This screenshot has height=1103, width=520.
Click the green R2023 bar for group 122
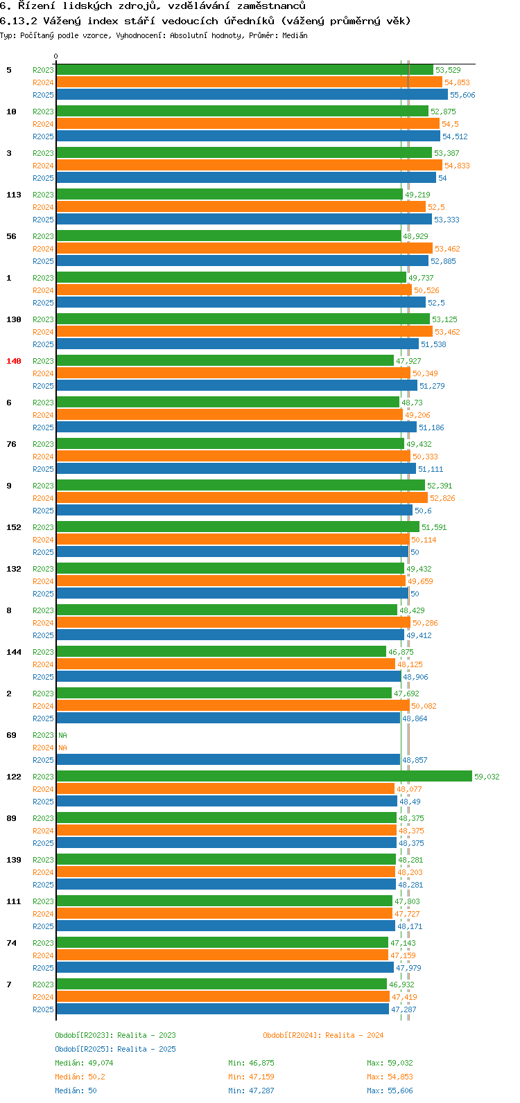263,776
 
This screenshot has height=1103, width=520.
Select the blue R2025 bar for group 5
252,95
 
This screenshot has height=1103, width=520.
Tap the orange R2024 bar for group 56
244,249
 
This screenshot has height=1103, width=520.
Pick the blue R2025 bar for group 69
228,760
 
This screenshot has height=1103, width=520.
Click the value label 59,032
487,777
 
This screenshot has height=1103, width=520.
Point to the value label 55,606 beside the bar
462,95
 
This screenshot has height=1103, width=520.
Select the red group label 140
14,361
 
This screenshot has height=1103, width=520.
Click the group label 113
14,195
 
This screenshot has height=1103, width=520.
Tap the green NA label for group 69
62,735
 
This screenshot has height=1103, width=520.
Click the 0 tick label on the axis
56,57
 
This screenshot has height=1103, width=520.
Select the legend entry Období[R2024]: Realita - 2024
323,1035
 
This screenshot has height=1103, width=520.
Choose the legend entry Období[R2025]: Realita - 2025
115,1049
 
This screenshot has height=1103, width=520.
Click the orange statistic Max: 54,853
390,1077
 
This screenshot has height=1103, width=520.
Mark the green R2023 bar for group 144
220,651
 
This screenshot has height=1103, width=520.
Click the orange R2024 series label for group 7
43,997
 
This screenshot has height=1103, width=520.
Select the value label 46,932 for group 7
401,985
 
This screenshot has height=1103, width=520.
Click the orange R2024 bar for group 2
232,706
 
